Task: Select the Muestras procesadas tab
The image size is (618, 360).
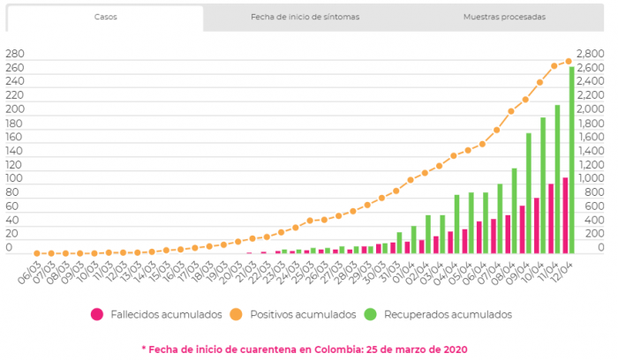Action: [x=504, y=18]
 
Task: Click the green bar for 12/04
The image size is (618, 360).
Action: [x=572, y=159]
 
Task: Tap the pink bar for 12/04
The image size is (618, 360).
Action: [x=565, y=215]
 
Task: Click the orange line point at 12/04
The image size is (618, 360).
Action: [x=569, y=61]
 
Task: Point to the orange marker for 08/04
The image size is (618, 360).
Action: [x=511, y=111]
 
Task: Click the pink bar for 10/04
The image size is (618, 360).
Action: [x=537, y=225]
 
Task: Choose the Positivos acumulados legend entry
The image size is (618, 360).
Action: [x=298, y=313]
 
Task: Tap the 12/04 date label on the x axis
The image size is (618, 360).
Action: [x=565, y=267]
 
